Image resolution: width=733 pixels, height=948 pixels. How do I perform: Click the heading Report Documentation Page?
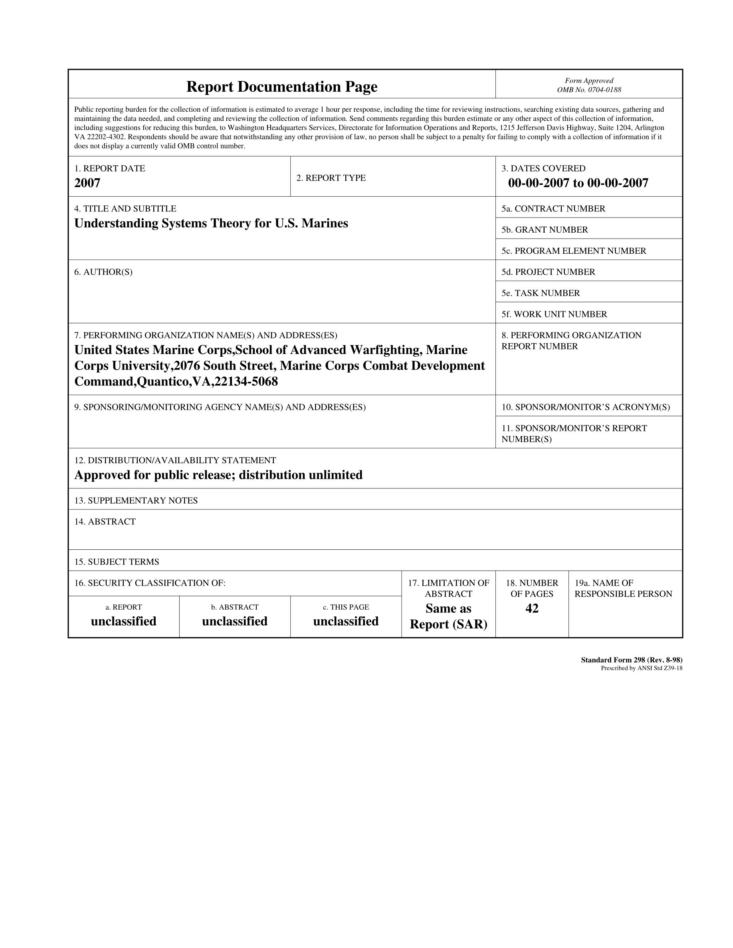[x=282, y=87]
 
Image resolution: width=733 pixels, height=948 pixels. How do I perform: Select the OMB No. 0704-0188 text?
[x=589, y=90]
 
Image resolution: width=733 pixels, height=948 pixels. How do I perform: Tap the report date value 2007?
[x=87, y=183]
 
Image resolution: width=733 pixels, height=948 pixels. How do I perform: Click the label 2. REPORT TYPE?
[x=331, y=178]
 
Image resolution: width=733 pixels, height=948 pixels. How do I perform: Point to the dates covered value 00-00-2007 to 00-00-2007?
[x=578, y=183]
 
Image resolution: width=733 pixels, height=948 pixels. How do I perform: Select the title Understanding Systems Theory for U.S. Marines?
[x=211, y=223]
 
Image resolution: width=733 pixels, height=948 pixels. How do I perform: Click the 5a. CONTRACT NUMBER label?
[x=553, y=209]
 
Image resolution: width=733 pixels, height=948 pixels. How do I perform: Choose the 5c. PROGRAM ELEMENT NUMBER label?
[x=574, y=251]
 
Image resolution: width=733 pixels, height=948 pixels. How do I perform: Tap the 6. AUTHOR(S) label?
[x=103, y=272]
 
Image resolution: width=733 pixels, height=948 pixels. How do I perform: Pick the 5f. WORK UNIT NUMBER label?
[x=554, y=314]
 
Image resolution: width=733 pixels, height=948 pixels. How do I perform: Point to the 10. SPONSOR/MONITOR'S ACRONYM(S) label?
[x=586, y=407]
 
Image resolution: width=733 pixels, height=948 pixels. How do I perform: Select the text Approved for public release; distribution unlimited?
[x=218, y=475]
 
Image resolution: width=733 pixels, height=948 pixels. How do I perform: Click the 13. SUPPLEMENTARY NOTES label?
[x=136, y=500]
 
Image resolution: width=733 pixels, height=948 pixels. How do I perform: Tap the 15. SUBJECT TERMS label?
[x=117, y=562]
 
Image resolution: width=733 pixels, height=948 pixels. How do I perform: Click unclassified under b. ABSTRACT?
[x=234, y=622]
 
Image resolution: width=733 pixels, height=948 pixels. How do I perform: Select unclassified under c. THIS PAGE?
[x=346, y=622]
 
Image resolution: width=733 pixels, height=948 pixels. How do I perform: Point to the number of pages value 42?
[x=532, y=608]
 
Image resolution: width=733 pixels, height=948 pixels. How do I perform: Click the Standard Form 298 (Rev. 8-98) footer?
[x=631, y=660]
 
